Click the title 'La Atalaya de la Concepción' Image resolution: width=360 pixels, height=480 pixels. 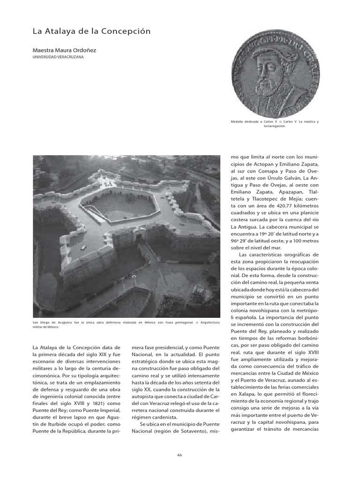pos(91,31)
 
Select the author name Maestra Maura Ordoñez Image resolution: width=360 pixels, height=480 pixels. pos(64,50)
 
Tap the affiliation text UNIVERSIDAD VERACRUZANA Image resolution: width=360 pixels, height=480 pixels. pos(58,57)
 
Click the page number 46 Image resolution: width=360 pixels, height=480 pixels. pos(180,454)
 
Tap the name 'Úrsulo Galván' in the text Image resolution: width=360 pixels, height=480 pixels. pos(285,178)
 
